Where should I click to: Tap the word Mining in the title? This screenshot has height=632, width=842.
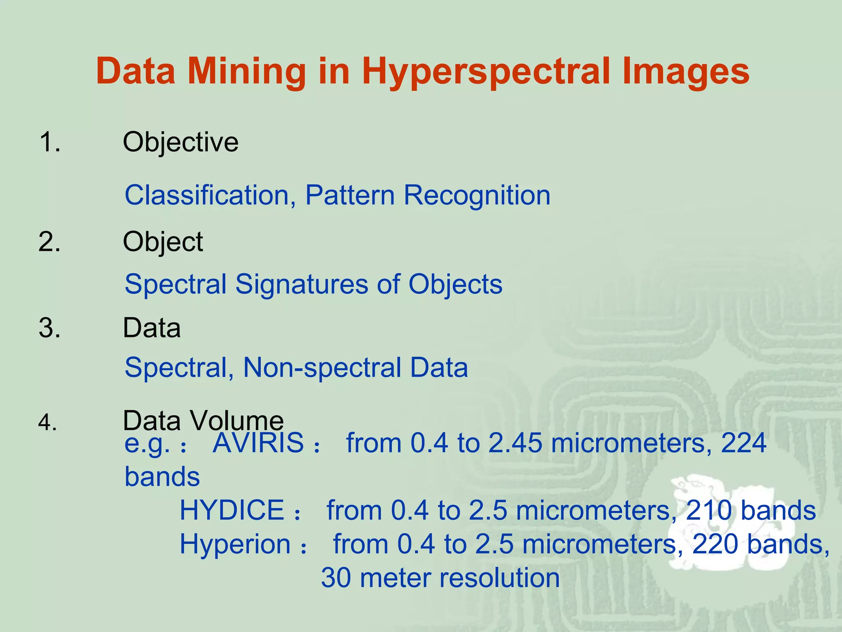pyautogui.click(x=247, y=72)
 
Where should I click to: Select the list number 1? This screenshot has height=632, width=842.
pyautogui.click(x=49, y=142)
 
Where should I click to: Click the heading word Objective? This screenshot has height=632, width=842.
pyautogui.click(x=180, y=142)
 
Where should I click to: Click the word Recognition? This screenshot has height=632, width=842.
pyautogui.click(x=477, y=196)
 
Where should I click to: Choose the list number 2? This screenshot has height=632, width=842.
pyautogui.click(x=49, y=242)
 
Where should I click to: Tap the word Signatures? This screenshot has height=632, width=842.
pyautogui.click(x=302, y=284)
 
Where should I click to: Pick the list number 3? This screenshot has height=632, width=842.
pyautogui.click(x=49, y=328)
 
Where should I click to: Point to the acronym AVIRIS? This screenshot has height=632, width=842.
pyautogui.click(x=258, y=443)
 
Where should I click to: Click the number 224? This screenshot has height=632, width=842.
pyautogui.click(x=744, y=443)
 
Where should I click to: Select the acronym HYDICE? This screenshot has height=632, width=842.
pyautogui.click(x=232, y=510)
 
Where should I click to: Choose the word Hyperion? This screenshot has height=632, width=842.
pyautogui.click(x=235, y=544)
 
